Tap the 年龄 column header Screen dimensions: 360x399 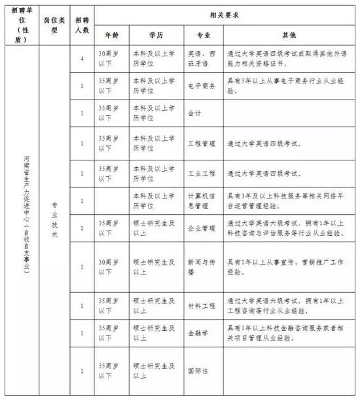112,33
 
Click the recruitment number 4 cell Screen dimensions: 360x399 82,59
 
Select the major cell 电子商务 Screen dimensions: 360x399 200,85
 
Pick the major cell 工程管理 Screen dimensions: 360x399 200,142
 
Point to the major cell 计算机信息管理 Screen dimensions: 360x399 201,200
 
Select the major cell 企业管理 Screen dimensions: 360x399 200,229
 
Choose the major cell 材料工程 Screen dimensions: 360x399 200,305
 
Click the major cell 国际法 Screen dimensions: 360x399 197,370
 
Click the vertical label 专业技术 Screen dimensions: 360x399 56,223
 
